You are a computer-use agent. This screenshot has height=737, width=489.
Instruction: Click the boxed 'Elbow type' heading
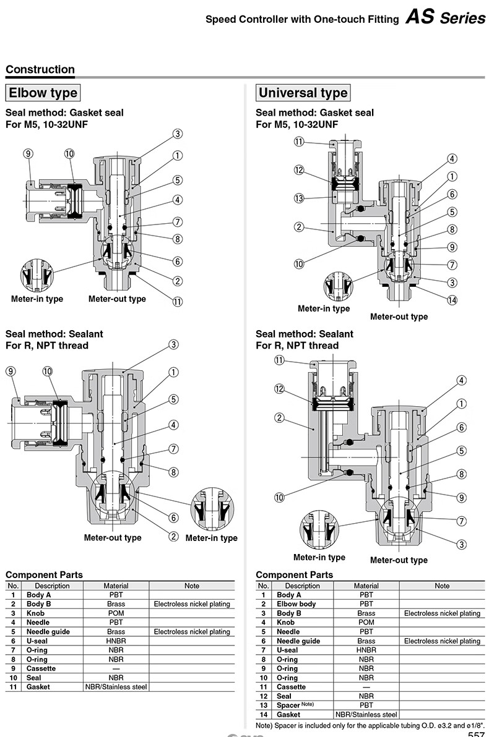[43, 93]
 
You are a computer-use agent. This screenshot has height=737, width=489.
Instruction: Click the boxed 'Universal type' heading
[303, 93]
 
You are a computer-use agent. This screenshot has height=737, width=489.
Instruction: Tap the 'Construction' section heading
[40, 70]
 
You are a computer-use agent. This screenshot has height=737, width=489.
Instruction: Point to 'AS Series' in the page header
[445, 18]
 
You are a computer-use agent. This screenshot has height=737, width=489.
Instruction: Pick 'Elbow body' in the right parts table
[296, 603]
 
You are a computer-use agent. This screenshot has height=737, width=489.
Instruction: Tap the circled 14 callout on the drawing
[452, 300]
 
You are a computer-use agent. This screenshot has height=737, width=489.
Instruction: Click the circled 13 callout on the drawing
[299, 198]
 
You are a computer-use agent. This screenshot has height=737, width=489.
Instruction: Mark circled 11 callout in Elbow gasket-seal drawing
[178, 302]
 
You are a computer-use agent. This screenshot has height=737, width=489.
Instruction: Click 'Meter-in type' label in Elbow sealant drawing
[211, 538]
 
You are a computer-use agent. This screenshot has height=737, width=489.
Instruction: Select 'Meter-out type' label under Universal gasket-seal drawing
[399, 317]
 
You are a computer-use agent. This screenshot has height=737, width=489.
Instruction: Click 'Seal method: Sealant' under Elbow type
[54, 334]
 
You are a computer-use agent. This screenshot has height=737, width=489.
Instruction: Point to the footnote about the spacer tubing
[370, 724]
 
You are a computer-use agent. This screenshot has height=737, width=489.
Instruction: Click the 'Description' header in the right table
[303, 586]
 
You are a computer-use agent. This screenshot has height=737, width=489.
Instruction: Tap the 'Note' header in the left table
[192, 586]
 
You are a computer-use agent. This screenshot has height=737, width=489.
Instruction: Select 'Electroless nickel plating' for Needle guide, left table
[192, 631]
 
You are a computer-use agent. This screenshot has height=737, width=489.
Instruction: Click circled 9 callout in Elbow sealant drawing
[11, 371]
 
